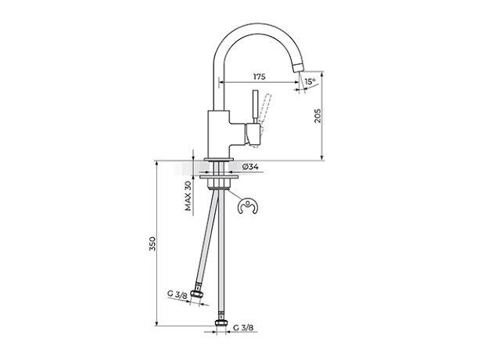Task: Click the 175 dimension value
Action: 259,77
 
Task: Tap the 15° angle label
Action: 310,81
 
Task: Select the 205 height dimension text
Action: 318,116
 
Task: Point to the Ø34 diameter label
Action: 250,167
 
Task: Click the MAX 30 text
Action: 188,196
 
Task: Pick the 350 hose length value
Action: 152,243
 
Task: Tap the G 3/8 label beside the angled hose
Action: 177,294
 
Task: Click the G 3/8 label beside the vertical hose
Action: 243,327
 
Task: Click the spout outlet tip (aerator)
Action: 298,67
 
